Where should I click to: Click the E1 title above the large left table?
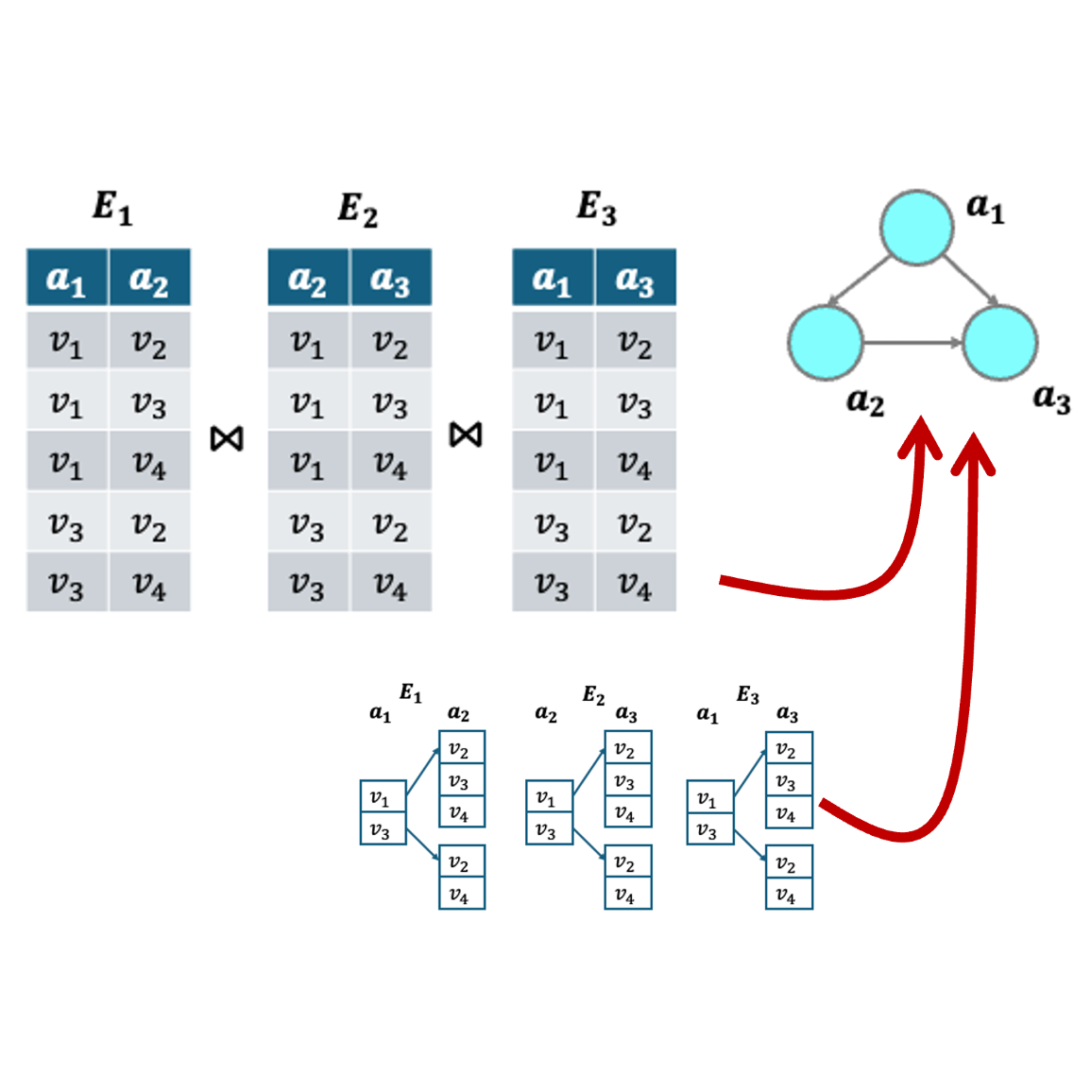pyautogui.click(x=112, y=207)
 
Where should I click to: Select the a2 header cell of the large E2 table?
pyautogui.click(x=308, y=279)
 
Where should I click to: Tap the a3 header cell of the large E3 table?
pyautogui.click(x=635, y=279)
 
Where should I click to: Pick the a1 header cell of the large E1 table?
pyautogui.click(x=66, y=279)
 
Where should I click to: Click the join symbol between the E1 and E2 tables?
pyautogui.click(x=227, y=438)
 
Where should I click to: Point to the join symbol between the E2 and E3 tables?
pyautogui.click(x=466, y=435)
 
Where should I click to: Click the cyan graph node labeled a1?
pyautogui.click(x=916, y=227)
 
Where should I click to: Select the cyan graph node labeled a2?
pyautogui.click(x=826, y=342)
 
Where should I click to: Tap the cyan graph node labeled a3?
pyautogui.click(x=999, y=342)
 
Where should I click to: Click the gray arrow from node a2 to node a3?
pyautogui.click(x=912, y=342)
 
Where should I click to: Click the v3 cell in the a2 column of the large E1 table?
pyautogui.click(x=149, y=404)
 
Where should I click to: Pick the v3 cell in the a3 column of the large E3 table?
pyautogui.click(x=635, y=404)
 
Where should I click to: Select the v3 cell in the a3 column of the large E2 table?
pyautogui.click(x=390, y=404)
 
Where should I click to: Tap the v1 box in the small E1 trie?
pyautogui.click(x=383, y=798)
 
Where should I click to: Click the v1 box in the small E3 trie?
pyautogui.click(x=709, y=799)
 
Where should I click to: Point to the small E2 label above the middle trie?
pyautogui.click(x=593, y=696)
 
